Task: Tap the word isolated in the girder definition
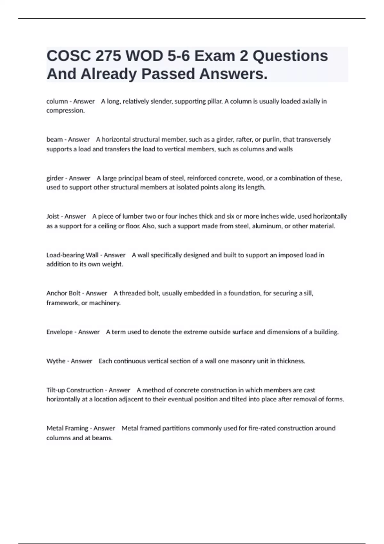click(187, 188)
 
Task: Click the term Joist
click(53, 216)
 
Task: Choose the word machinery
click(105, 303)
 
